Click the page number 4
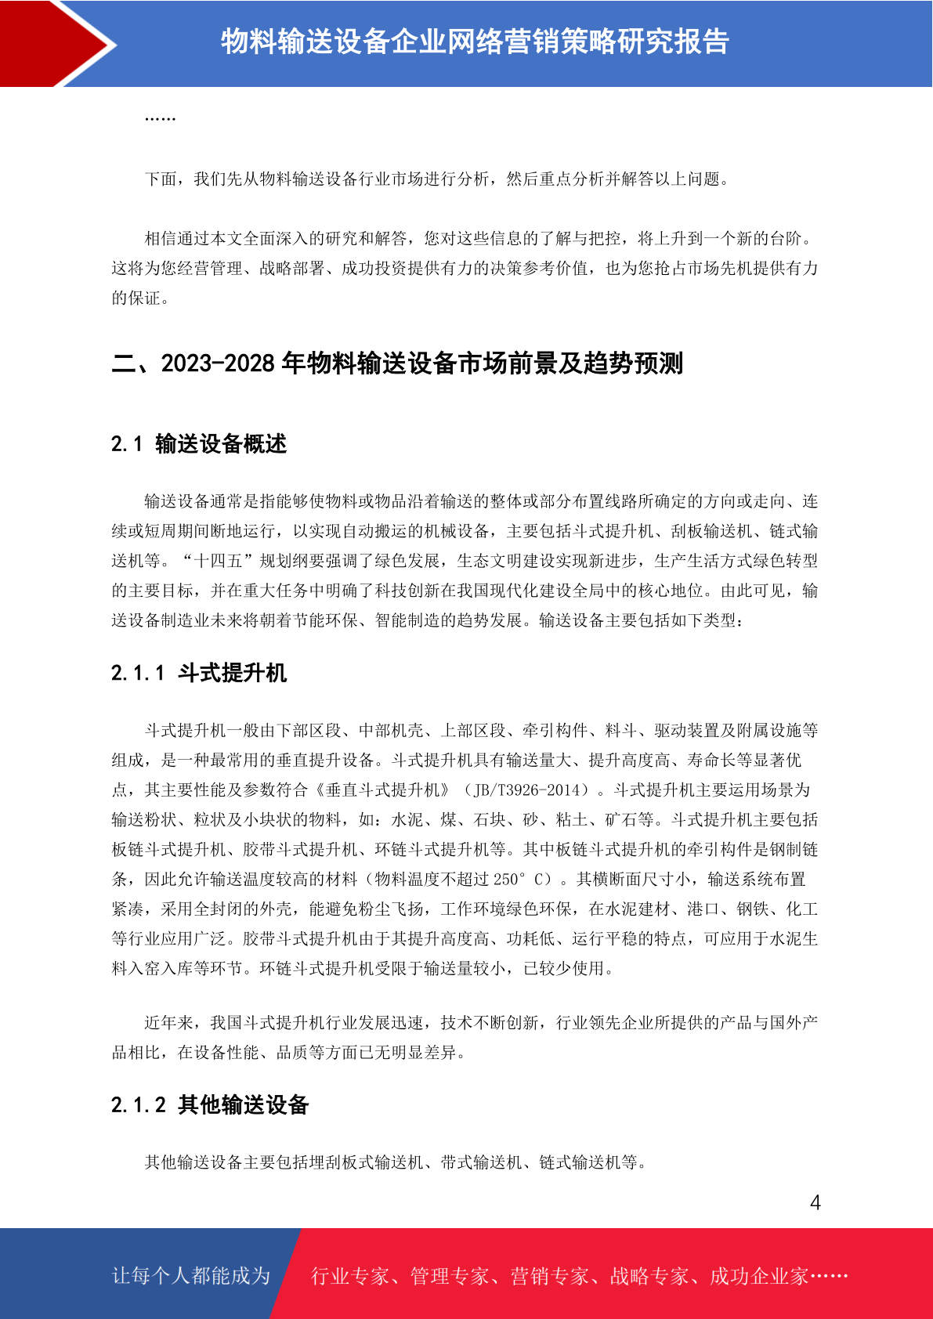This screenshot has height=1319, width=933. (815, 1203)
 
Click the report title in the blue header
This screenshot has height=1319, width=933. (475, 42)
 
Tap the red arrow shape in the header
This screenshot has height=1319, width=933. (55, 43)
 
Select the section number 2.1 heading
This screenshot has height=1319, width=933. (126, 444)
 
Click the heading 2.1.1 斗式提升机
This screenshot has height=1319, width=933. (199, 673)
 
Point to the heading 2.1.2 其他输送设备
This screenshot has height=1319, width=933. (210, 1105)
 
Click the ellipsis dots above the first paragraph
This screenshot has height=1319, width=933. (160, 118)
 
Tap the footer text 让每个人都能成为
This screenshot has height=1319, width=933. (191, 1276)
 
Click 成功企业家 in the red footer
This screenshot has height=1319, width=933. (758, 1276)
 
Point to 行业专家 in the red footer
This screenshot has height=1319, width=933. (350, 1276)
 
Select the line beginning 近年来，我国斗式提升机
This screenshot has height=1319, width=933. (481, 1022)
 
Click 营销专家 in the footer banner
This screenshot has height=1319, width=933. (549, 1276)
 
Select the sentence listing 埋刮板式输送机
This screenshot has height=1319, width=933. (396, 1162)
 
